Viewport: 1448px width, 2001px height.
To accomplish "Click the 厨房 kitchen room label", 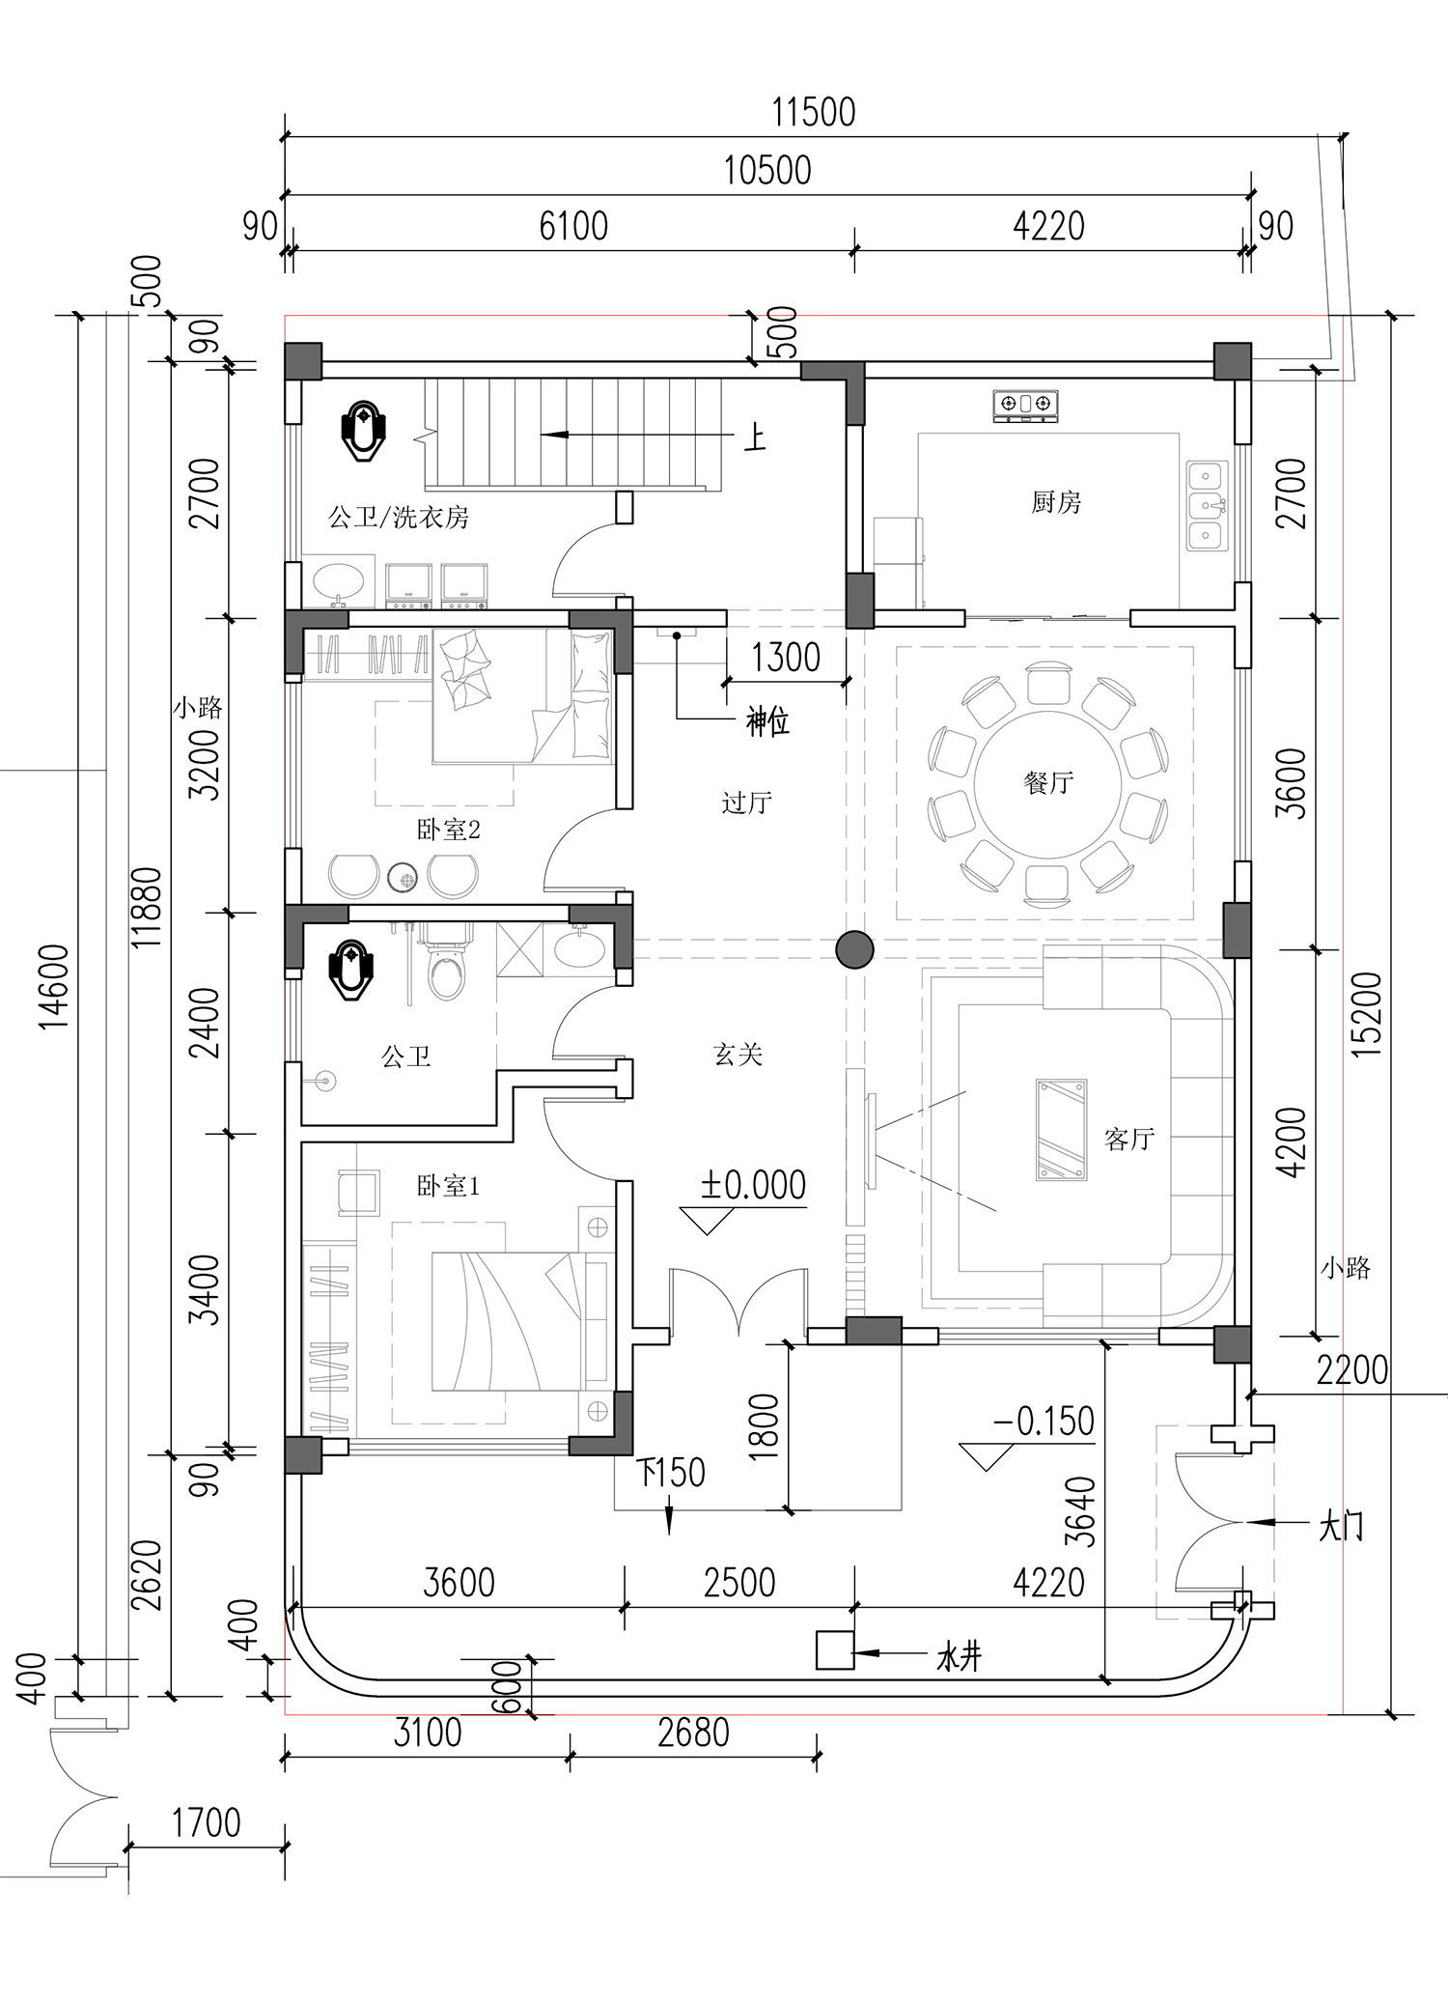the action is (1056, 502).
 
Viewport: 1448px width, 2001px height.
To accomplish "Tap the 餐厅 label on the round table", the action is (1048, 782).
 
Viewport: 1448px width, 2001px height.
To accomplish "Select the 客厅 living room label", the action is (1129, 1140).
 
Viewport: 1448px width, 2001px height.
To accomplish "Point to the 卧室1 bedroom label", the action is (448, 1186).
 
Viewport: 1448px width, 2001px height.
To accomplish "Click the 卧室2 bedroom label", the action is (448, 830).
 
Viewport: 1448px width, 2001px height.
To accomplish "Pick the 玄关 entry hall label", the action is (738, 1055).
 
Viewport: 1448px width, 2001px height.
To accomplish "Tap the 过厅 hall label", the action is (746, 803).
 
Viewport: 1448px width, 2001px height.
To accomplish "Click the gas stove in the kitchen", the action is (1025, 407).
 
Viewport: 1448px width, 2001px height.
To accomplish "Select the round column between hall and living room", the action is (854, 949).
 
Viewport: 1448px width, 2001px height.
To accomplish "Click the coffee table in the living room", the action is (1061, 1130).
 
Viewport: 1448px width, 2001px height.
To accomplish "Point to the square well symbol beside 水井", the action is (834, 1649).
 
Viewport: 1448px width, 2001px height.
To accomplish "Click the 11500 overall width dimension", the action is (814, 113).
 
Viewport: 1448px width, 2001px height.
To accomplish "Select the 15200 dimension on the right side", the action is (1368, 1013).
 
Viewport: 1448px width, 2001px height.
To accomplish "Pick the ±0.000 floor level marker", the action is (753, 1186).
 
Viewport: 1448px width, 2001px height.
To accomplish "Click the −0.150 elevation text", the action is (1044, 1422).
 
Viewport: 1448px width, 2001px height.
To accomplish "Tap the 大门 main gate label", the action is (1341, 1527).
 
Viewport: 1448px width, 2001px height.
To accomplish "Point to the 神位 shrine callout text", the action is (767, 721).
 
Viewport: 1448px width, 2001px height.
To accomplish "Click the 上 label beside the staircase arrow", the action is (755, 438).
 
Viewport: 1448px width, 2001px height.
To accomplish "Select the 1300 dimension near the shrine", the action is (786, 658).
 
